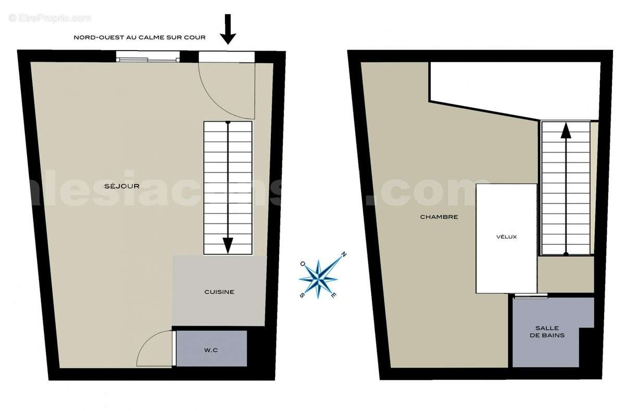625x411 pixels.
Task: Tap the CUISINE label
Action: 219,292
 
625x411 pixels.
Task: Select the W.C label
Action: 211,350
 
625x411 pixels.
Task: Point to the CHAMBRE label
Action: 439,217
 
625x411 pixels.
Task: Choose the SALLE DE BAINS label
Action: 547,332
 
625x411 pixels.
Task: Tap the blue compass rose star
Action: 318,278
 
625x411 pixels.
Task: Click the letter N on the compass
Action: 343,255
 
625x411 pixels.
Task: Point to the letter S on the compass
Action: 302,295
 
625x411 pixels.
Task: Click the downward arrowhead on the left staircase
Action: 228,244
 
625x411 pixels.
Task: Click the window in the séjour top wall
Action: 148,57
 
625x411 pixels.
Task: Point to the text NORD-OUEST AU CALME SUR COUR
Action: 140,38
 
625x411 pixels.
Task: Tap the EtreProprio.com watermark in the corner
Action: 49,18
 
